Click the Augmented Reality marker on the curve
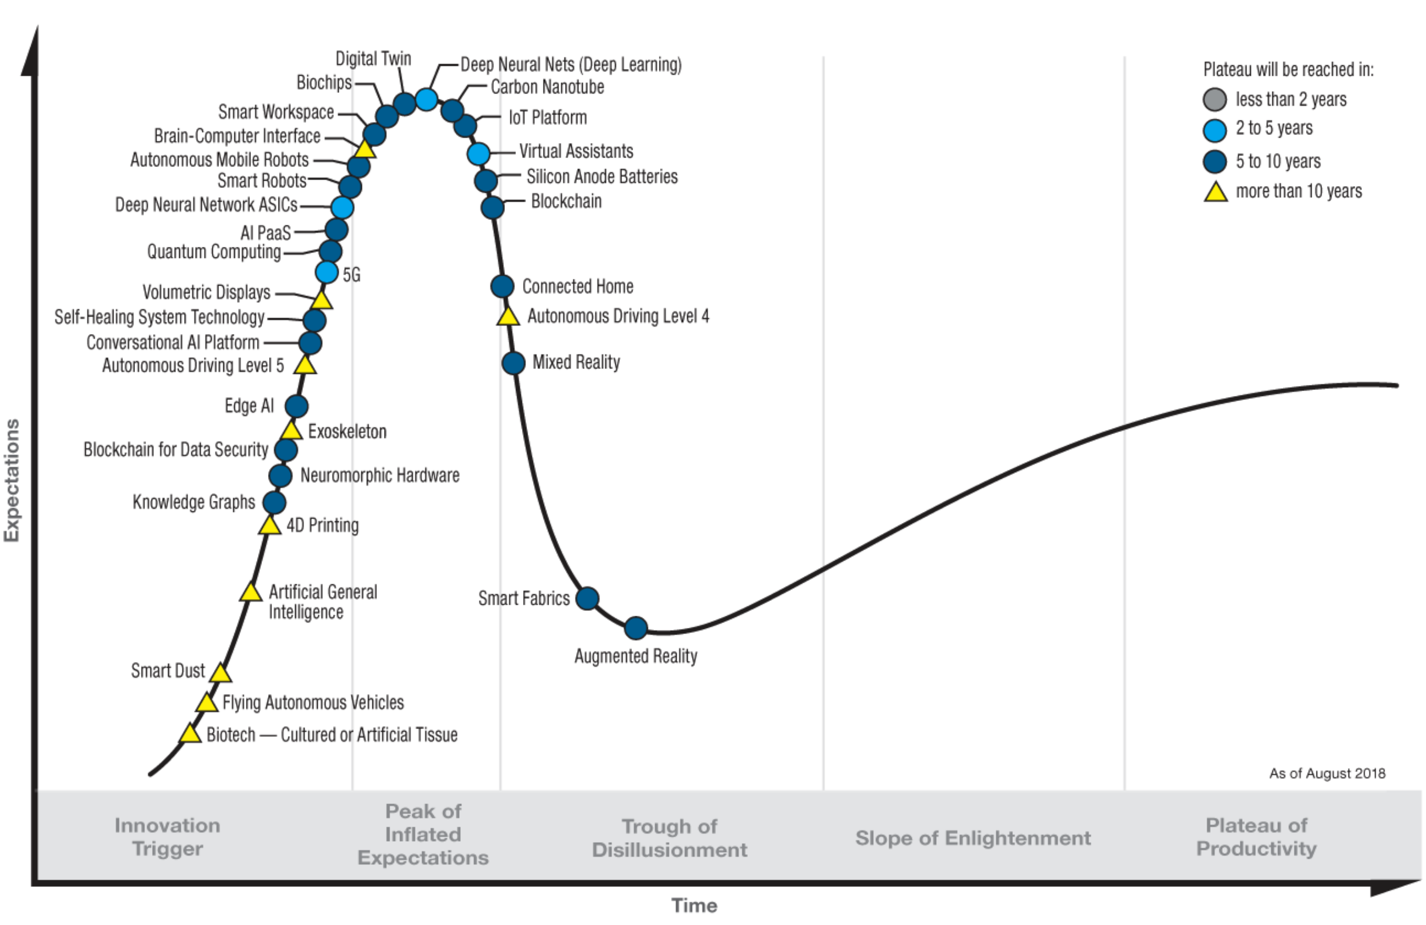636,628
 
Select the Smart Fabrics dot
587,598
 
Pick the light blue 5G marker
327,272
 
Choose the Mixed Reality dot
513,362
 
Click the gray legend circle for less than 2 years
1215,99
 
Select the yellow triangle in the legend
1215,192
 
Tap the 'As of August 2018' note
1327,773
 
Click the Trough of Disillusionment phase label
669,838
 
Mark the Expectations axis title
12,480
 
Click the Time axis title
694,905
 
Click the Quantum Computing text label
214,251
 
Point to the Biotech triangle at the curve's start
190,734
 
